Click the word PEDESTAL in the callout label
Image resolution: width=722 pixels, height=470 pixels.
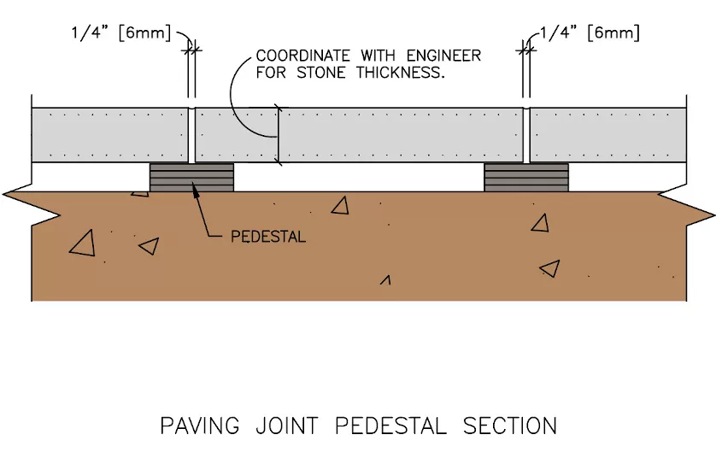268,237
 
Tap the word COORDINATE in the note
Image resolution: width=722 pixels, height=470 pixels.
302,56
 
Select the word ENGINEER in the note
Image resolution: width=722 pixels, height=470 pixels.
443,56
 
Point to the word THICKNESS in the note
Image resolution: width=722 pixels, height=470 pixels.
401,73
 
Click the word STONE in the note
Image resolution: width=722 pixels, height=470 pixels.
321,73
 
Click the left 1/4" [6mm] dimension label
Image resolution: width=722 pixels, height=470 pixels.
121,33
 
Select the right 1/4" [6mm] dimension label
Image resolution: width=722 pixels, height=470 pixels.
590,32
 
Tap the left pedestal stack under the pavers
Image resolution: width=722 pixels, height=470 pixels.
191,177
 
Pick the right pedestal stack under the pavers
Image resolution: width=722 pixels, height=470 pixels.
526,177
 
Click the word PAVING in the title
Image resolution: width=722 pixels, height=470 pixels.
200,426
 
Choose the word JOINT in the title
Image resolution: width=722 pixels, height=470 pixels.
287,426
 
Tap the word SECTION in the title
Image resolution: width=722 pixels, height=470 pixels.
510,426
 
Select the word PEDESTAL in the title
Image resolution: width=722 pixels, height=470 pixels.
390,426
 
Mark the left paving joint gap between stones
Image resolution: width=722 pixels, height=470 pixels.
191,135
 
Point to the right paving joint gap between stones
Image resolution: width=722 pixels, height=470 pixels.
526,135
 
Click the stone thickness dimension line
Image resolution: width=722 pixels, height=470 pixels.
278,134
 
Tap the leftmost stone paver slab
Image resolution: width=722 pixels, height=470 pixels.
110,135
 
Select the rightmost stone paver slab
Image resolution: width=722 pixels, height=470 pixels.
608,135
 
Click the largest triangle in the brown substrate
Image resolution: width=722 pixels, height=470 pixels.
84,245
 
